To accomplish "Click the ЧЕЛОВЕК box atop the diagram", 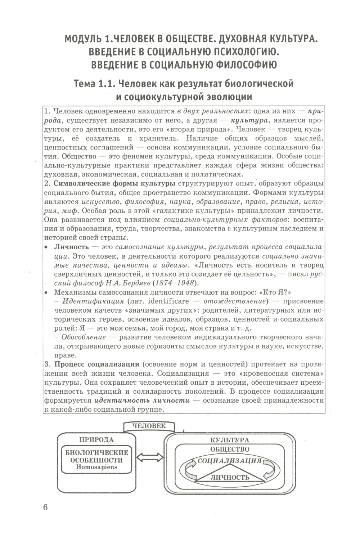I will (x=149, y=426).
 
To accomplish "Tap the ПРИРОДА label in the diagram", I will (x=96, y=439).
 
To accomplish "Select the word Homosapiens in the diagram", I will (x=96, y=467).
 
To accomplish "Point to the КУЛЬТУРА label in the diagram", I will (x=229, y=440).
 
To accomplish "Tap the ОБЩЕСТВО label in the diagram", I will (x=229, y=449).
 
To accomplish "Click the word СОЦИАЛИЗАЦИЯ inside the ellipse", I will (x=229, y=461).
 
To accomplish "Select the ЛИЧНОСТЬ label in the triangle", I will (x=229, y=477).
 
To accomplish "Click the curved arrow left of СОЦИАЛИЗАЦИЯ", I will (x=190, y=468).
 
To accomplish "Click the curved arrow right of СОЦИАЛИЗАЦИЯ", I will (x=268, y=468).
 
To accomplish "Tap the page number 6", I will (x=45, y=507).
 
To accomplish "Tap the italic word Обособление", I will (x=84, y=337).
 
